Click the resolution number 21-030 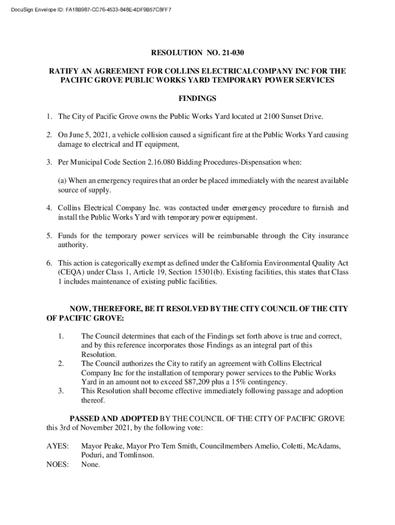[236, 52]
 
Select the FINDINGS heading [197, 98]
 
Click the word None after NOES [90, 465]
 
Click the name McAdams [323, 446]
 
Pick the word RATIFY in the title [63, 71]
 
